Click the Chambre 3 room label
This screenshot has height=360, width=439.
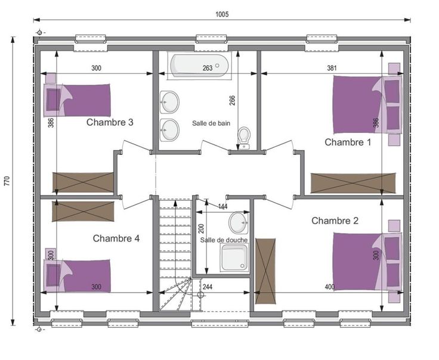click(110, 122)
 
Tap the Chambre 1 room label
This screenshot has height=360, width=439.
click(348, 142)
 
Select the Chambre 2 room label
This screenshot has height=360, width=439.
click(335, 221)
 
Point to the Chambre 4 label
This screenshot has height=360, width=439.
click(116, 238)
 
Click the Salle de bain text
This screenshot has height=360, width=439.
click(211, 123)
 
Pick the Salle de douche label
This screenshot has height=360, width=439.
click(224, 240)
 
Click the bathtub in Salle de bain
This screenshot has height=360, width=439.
click(199, 66)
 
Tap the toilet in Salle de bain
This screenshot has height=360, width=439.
click(244, 138)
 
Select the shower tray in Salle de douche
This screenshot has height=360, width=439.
click(234, 257)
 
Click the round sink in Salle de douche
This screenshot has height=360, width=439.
click(239, 223)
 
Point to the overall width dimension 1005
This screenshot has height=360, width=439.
click(222, 14)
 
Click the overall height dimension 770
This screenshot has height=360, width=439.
click(7, 181)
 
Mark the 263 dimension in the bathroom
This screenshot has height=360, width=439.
click(208, 68)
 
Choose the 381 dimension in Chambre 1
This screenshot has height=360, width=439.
click(332, 68)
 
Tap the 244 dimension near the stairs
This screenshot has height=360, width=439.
click(208, 287)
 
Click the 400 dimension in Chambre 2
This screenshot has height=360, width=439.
click(330, 287)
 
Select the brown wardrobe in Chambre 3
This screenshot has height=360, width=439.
click(83, 182)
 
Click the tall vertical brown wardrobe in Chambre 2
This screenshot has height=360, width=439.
click(265, 271)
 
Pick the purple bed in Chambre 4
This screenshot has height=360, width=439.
click(77, 275)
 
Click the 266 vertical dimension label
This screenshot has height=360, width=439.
click(233, 100)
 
